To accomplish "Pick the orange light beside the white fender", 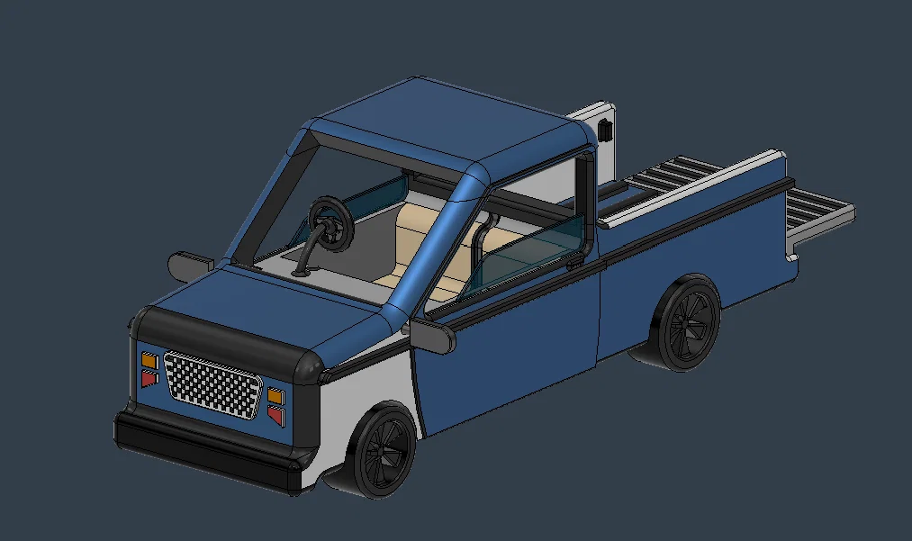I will (x=275, y=396).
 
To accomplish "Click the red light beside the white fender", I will (x=275, y=415).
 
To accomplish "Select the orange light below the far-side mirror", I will (x=149, y=361).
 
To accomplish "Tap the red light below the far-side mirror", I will (x=149, y=379).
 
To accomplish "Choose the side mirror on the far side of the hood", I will (x=190, y=264).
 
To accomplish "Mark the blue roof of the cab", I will (x=450, y=122).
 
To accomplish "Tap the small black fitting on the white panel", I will (x=606, y=128).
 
